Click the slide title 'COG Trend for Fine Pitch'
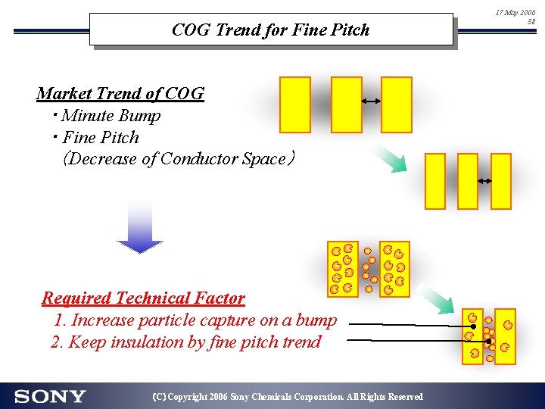[270, 30]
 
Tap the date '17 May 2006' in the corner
[515, 13]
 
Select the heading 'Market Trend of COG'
[120, 94]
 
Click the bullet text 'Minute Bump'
[111, 116]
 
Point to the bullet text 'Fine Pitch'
[101, 138]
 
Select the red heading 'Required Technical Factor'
[143, 298]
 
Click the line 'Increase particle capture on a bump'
[195, 320]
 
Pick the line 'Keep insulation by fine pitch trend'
[186, 342]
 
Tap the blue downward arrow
[139, 226]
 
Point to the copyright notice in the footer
[288, 397]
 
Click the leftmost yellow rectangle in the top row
[295, 105]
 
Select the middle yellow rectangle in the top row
[347, 105]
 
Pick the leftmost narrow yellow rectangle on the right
[435, 181]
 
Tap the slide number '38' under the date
[531, 22]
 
